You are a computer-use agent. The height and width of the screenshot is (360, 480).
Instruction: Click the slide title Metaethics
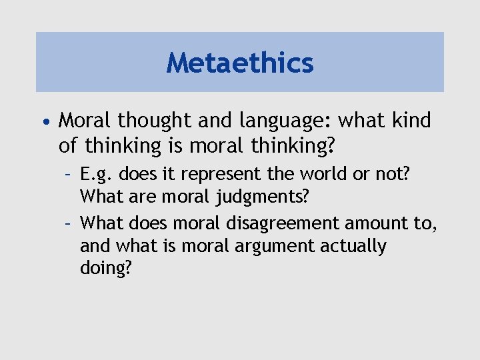tap(240, 63)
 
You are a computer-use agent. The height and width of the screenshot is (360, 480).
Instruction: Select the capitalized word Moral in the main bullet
tap(86, 121)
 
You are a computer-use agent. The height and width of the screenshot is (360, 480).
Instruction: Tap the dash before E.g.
tap(69, 175)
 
